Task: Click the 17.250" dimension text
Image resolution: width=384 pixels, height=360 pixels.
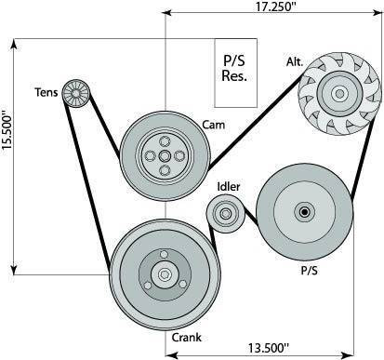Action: tap(276, 7)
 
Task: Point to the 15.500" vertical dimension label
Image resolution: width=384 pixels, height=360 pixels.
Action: tap(7, 132)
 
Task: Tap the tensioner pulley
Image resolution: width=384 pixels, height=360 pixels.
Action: tap(76, 93)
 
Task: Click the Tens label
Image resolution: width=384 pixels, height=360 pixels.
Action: tap(46, 92)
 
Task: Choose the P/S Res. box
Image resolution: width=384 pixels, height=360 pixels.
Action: tap(236, 73)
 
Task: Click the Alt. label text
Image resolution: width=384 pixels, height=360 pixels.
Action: tap(295, 61)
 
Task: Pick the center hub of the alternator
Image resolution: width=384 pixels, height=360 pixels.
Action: tap(339, 93)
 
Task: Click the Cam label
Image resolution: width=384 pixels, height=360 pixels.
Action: tap(213, 125)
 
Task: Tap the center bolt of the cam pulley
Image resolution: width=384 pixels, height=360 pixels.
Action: tap(165, 155)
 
